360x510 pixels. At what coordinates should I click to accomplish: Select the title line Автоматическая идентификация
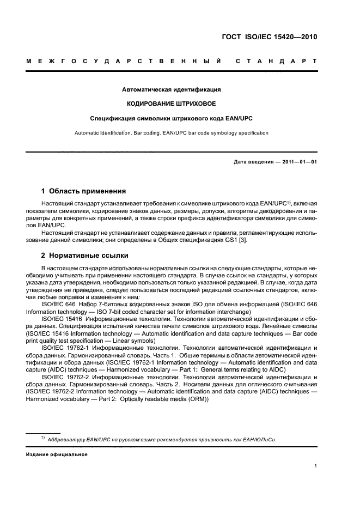pos(171,89)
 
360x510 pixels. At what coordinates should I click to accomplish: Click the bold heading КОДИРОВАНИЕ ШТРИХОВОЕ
pos(171,104)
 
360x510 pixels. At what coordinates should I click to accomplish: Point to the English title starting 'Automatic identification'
pos(171,132)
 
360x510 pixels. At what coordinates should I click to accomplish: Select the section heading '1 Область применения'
pos(84,191)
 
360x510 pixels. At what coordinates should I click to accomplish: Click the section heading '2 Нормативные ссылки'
pos(86,256)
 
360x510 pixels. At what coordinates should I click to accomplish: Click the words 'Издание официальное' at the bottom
pos(57,454)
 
